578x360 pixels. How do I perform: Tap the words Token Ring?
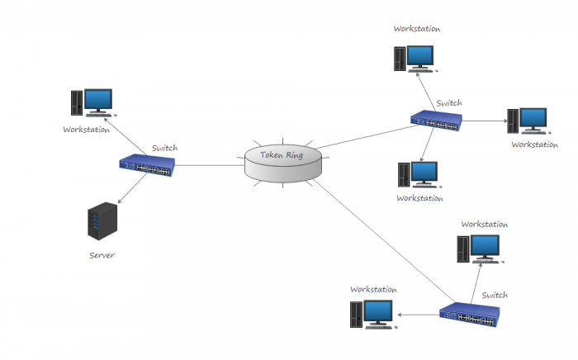tap(283, 154)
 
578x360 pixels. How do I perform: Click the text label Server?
tap(102, 255)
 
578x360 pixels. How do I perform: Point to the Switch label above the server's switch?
tap(164, 148)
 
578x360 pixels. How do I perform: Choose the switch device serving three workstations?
tap(438, 121)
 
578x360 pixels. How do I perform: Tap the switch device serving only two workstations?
tap(469, 314)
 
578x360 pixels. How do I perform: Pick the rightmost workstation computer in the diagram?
tap(528, 121)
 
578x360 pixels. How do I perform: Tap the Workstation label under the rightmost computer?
tap(534, 144)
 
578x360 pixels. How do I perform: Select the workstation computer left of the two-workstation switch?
tap(371, 314)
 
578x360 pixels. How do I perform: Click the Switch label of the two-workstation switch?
tap(495, 295)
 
